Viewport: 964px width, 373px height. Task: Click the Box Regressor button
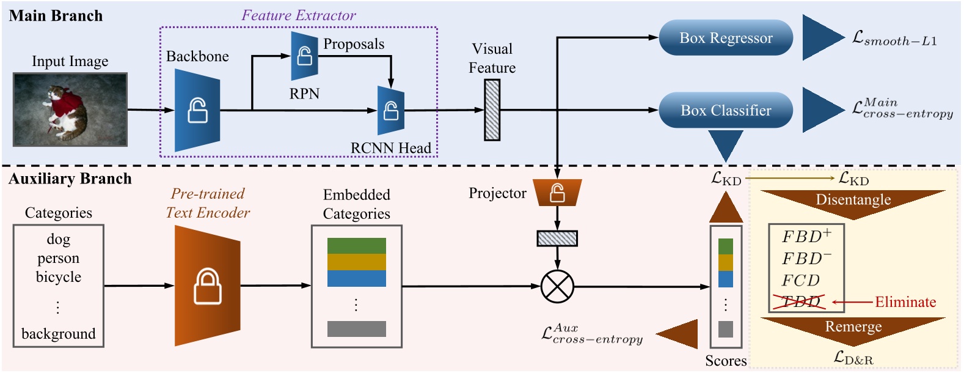point(726,38)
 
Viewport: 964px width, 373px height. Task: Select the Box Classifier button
point(726,111)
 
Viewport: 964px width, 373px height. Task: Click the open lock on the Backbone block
point(197,111)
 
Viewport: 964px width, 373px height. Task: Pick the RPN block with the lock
point(304,57)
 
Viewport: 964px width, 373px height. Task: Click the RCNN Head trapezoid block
point(390,111)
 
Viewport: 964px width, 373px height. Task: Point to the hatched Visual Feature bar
point(492,111)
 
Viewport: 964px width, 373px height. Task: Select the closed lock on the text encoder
point(208,286)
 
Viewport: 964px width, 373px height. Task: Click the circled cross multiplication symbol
point(557,286)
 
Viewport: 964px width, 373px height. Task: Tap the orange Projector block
point(557,193)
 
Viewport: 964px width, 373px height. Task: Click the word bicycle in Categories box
point(59,277)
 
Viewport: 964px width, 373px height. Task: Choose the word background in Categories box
point(59,334)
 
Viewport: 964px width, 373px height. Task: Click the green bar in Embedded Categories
point(357,246)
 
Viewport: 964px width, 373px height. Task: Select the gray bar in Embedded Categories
point(357,329)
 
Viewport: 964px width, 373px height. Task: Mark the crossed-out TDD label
point(800,301)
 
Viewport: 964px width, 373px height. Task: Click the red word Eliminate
point(905,302)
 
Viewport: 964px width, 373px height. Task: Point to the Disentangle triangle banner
point(853,201)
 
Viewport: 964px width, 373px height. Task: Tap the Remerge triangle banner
point(853,327)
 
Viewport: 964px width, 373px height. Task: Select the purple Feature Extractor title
point(298,15)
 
